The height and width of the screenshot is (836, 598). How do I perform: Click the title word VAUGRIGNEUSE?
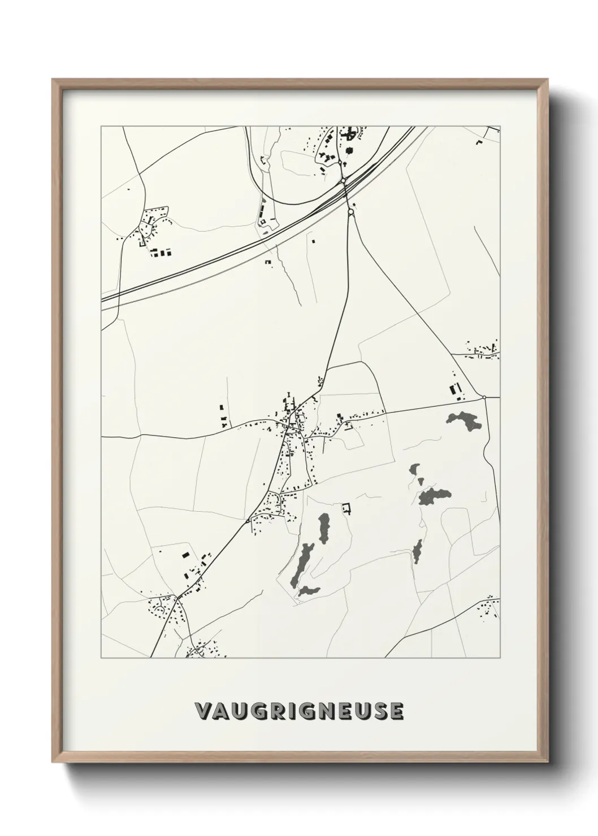[299, 711]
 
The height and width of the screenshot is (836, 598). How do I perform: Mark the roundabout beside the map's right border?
[484, 397]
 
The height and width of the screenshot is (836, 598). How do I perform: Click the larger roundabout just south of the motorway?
[351, 212]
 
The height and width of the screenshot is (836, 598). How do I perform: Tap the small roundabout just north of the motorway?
[343, 180]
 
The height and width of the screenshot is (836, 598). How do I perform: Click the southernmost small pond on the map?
[309, 591]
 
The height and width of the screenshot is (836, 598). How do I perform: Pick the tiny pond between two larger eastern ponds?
[420, 480]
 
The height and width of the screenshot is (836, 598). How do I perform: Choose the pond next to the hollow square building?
[324, 528]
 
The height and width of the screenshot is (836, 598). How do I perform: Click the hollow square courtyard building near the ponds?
[346, 508]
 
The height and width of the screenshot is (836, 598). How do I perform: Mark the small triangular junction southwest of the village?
[249, 520]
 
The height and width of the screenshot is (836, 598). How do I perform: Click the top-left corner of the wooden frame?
[53, 80]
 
